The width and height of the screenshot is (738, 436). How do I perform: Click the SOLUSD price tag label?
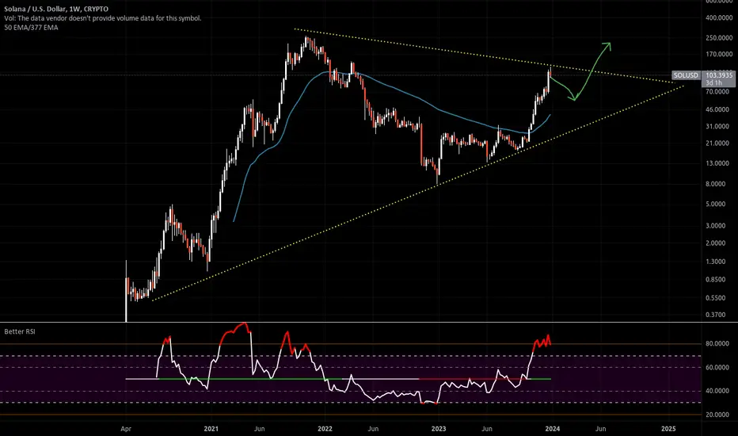(x=686, y=75)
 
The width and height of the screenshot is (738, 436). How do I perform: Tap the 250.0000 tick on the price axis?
(x=719, y=38)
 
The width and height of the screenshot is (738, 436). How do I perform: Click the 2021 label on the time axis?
(x=211, y=428)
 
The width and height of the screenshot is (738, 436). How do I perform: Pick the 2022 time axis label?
(x=325, y=428)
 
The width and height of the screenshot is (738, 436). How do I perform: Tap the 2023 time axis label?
(x=439, y=428)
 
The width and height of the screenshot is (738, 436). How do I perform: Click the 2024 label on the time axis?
(x=553, y=428)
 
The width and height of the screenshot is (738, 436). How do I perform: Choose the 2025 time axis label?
(x=668, y=428)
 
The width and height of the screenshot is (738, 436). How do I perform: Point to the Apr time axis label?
(x=126, y=428)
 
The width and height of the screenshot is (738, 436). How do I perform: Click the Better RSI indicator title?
(x=20, y=331)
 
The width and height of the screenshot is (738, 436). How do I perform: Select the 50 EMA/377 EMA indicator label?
(x=31, y=27)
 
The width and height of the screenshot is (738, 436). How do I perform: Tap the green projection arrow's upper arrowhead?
(x=607, y=46)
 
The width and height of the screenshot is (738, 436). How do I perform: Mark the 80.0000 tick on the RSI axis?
(x=717, y=343)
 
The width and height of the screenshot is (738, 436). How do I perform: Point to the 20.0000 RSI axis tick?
(x=717, y=415)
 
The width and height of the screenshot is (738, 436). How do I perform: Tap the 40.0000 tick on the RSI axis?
(x=717, y=391)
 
